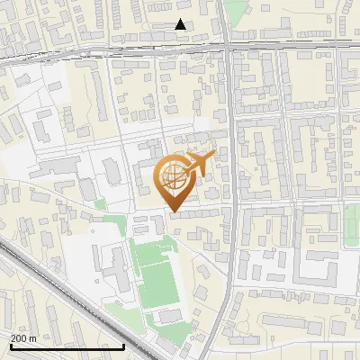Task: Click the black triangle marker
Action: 181,24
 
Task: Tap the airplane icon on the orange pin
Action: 198,164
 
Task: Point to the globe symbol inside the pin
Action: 173,175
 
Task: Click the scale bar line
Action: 67,346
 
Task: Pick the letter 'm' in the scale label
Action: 32,338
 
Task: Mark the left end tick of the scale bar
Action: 11,345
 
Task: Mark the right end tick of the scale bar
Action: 124,345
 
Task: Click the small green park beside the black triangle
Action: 236,11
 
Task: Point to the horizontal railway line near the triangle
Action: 135,49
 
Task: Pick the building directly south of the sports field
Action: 169,317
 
